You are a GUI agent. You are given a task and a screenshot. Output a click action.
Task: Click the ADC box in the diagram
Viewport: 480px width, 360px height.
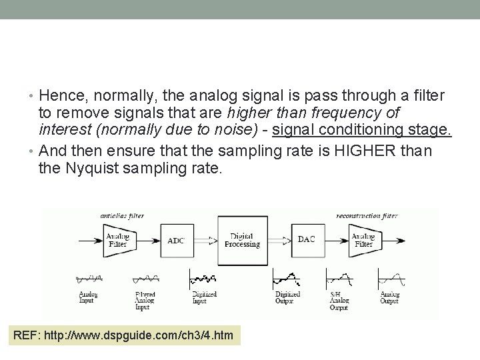click(x=176, y=241)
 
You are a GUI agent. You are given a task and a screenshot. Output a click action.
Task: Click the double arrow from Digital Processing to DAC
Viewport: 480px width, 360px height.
click(x=278, y=241)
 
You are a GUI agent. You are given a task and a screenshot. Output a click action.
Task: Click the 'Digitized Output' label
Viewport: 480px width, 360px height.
click(x=289, y=298)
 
